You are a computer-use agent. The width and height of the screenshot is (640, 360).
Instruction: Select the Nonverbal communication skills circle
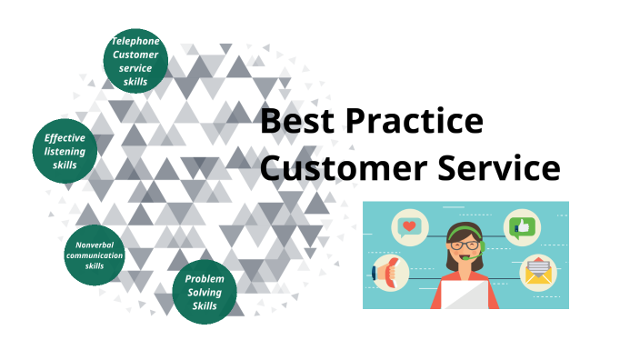pyautogui.click(x=95, y=255)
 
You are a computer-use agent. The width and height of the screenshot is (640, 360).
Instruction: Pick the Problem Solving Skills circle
pyautogui.click(x=205, y=292)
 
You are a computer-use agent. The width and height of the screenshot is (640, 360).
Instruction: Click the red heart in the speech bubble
pyautogui.click(x=411, y=225)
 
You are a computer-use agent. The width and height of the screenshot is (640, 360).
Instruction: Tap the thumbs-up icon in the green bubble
pyautogui.click(x=521, y=225)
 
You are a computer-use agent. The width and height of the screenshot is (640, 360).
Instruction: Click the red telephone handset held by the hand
pyautogui.click(x=385, y=272)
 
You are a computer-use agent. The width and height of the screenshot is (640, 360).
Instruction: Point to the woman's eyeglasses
pyautogui.click(x=465, y=243)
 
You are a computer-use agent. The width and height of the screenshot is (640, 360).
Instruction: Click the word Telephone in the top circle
pyautogui.click(x=135, y=41)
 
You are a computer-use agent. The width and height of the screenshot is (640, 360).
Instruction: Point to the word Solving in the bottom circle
pyautogui.click(x=205, y=292)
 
